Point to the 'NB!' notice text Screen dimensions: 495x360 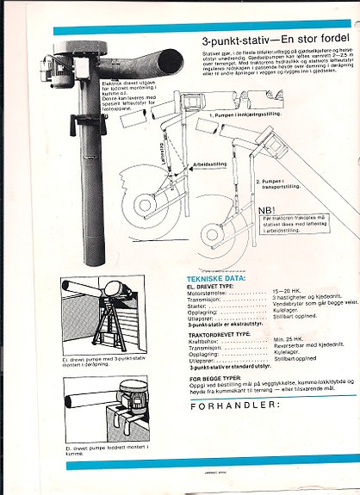tap(268, 209)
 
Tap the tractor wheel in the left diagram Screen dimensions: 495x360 tap(146, 211)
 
